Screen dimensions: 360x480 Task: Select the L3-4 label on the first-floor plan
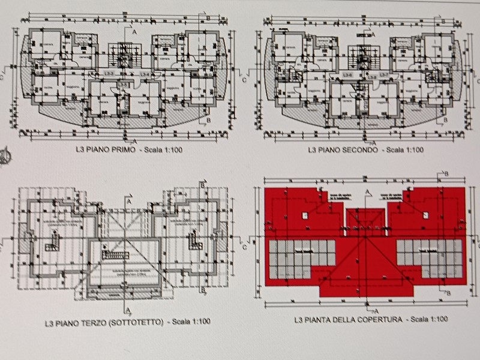coord(144,73)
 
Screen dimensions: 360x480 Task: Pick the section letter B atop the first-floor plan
coord(207,18)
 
